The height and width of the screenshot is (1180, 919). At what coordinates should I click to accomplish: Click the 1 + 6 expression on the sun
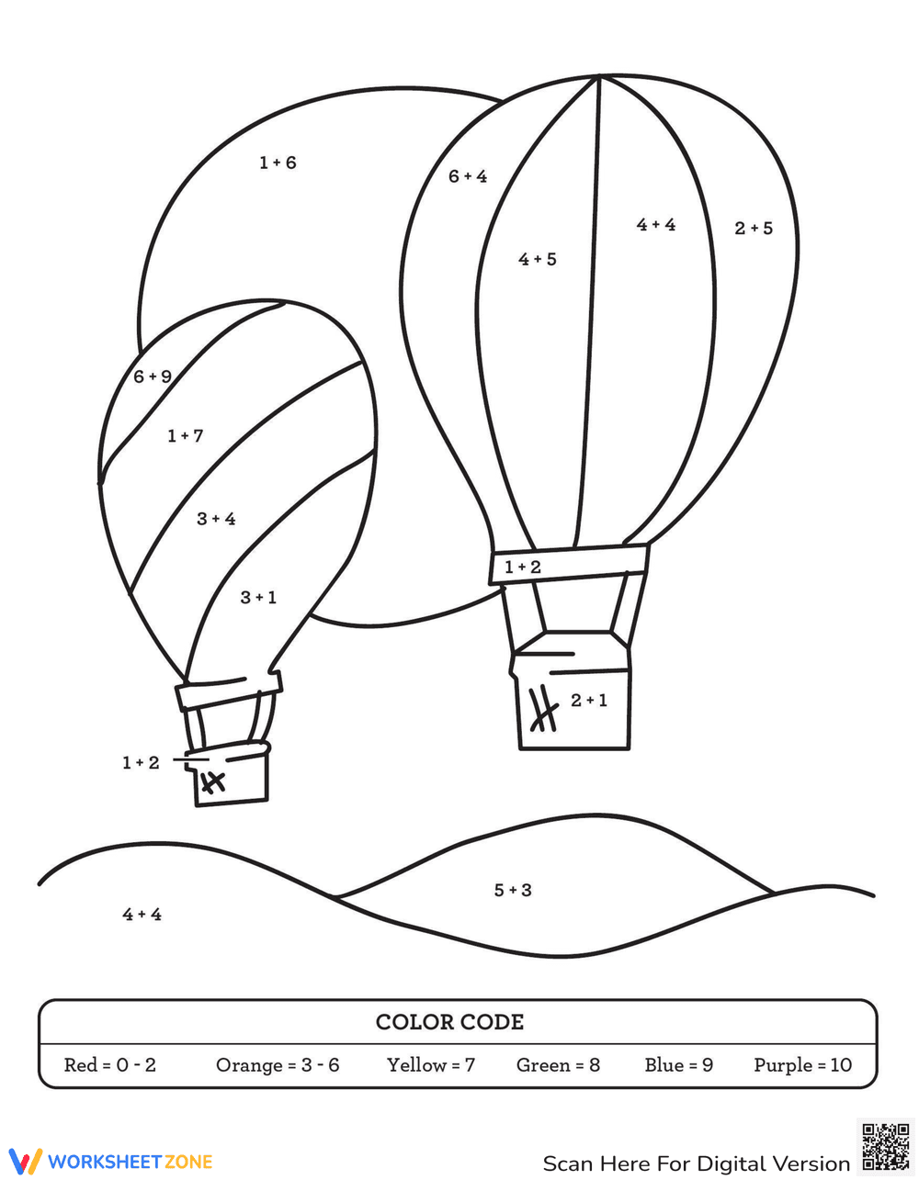coord(278,163)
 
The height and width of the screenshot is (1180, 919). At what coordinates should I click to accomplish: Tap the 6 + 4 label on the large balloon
coord(468,176)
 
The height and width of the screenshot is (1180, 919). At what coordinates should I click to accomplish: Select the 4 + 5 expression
coord(537,259)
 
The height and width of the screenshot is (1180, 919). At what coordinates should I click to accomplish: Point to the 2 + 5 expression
coord(754,228)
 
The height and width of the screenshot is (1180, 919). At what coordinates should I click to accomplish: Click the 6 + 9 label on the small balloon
coord(153,376)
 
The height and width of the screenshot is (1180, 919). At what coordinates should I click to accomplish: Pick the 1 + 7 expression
coord(186,435)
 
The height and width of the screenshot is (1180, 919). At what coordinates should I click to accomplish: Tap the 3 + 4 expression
coord(216,519)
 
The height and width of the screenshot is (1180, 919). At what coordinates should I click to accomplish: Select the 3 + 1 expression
coord(258,597)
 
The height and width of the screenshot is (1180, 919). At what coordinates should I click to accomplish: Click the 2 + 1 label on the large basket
coord(588,700)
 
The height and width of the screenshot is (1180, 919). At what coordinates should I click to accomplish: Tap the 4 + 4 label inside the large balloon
coord(656,224)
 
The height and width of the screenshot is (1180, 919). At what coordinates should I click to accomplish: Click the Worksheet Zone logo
coord(111,1162)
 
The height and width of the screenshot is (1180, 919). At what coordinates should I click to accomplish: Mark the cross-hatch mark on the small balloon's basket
coord(213,782)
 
